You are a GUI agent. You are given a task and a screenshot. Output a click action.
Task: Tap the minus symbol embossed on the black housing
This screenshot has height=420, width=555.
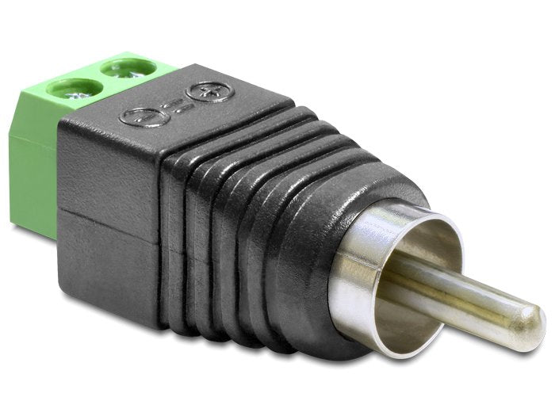pyautogui.click(x=141, y=118)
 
